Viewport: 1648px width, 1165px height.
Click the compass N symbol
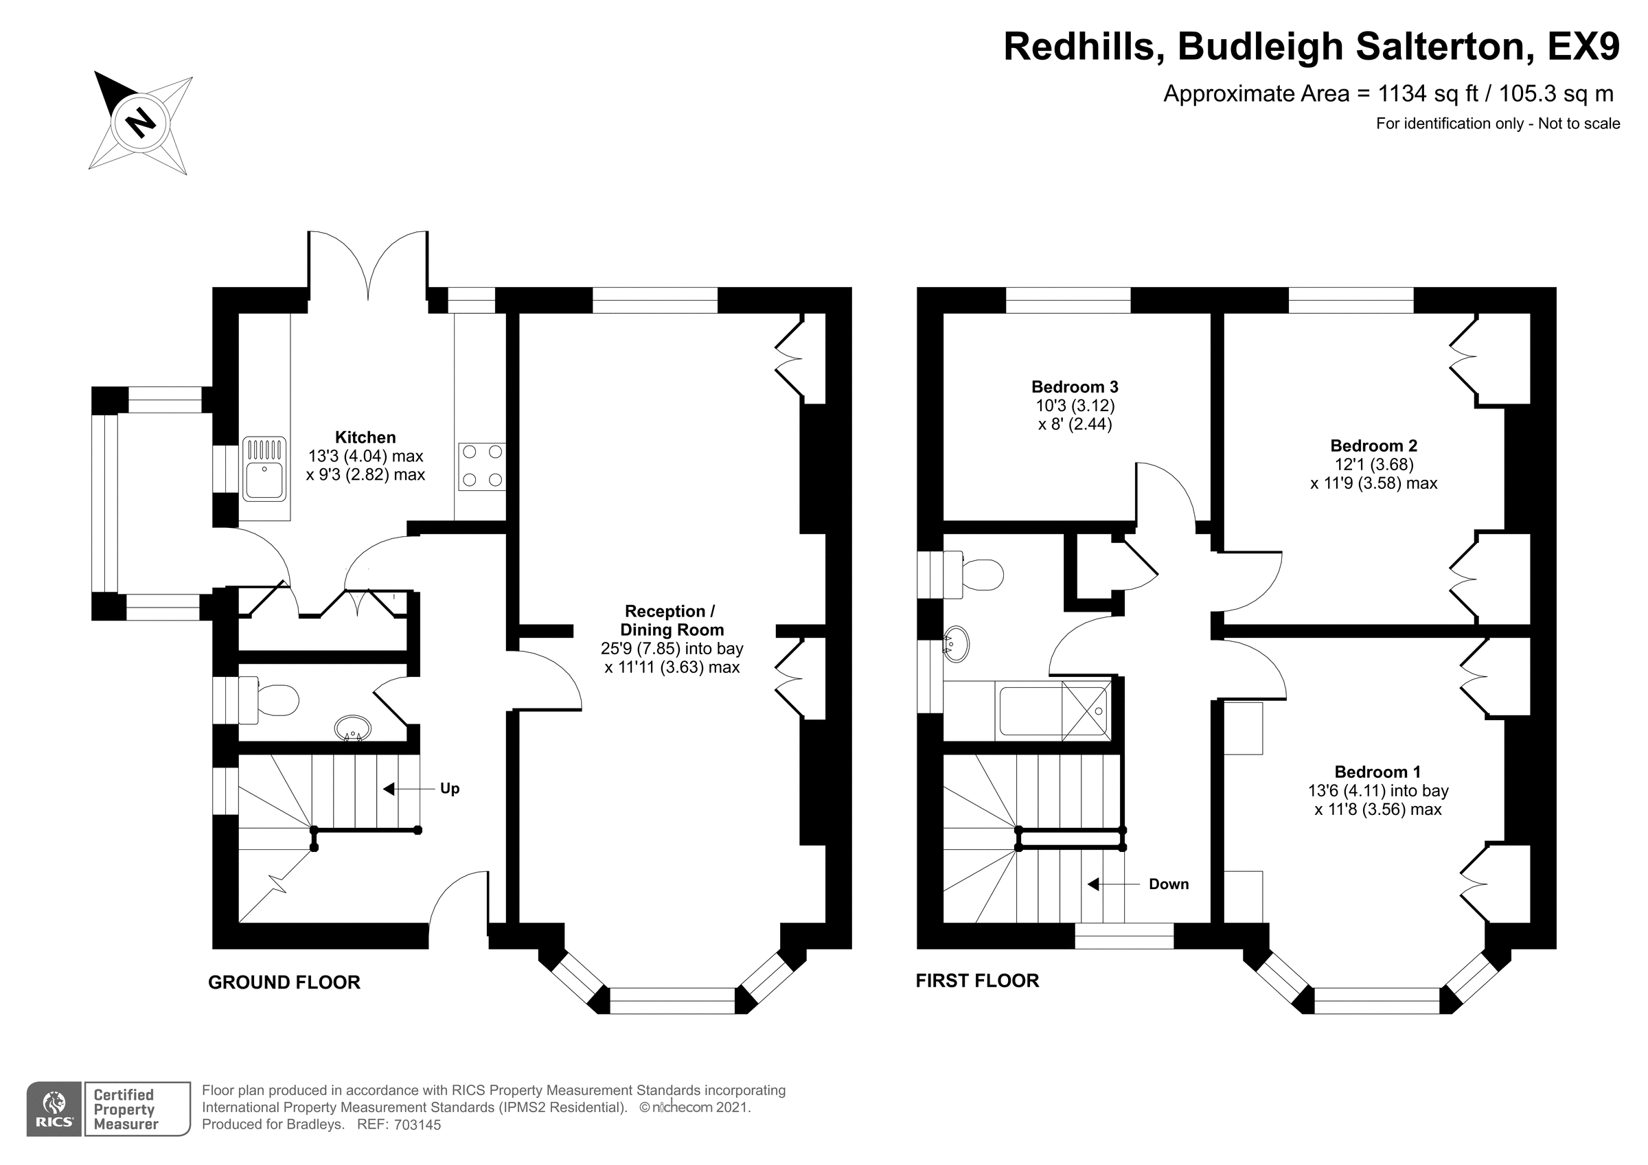[141, 123]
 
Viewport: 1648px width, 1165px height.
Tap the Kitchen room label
[365, 437]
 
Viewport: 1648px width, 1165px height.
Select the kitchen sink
[264, 470]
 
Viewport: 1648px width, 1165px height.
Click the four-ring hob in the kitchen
[482, 466]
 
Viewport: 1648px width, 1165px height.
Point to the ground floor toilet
[268, 700]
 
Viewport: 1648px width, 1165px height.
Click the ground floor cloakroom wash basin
[353, 728]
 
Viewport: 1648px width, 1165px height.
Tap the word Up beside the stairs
[449, 789]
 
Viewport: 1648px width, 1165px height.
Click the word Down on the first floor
[1169, 884]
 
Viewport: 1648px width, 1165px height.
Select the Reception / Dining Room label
[671, 621]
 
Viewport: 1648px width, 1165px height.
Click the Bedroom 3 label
[1075, 387]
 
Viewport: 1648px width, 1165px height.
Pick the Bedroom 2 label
[1374, 446]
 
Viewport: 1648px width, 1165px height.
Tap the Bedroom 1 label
[1377, 772]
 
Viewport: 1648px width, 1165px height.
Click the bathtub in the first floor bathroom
[1052, 711]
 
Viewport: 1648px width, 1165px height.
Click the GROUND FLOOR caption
[284, 982]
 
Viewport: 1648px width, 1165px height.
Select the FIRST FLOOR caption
[977, 981]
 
